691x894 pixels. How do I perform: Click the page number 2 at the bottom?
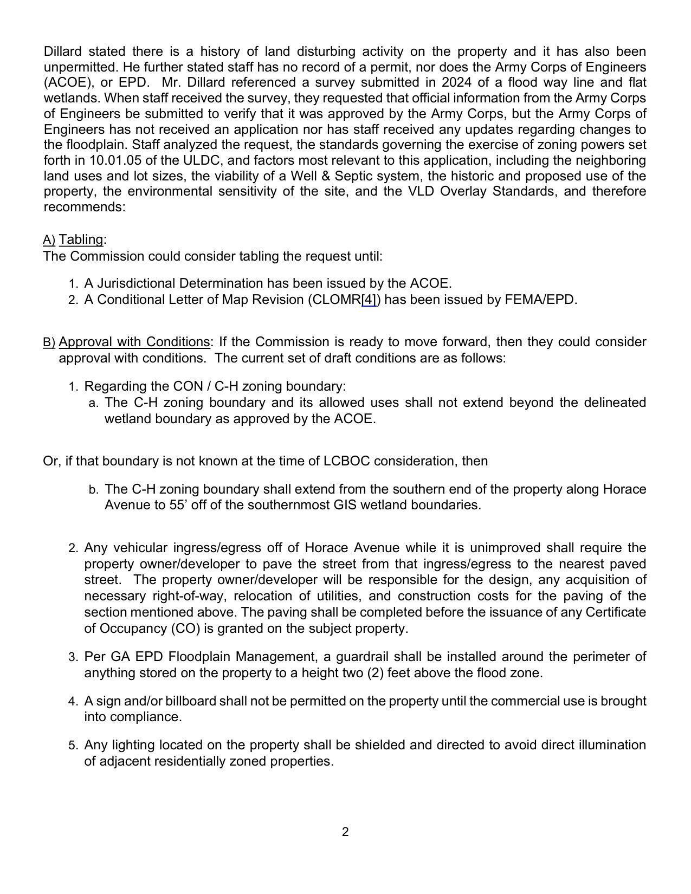tap(345, 832)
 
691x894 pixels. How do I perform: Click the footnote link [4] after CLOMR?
tap(369, 300)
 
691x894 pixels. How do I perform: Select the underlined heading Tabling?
tap(81, 239)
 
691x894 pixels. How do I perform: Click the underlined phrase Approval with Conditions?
tap(134, 342)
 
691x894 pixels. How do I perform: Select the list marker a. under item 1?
tap(93, 403)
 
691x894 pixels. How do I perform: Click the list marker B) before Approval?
tap(49, 342)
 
